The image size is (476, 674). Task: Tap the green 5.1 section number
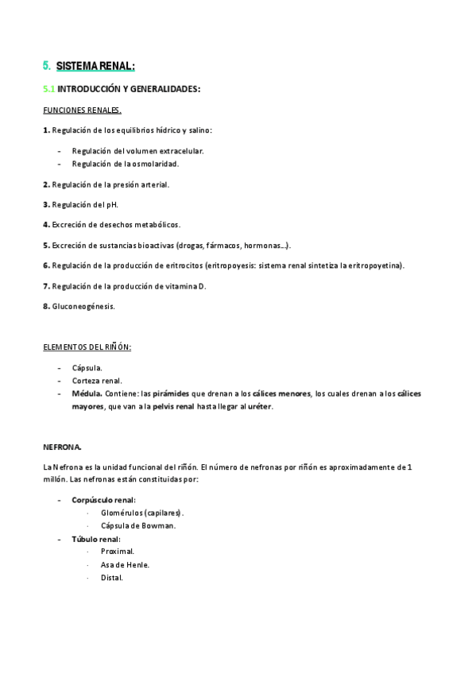(49, 90)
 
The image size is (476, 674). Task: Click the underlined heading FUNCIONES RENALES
(82, 110)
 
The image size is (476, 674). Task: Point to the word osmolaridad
(155, 164)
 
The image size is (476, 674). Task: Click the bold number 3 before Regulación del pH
(46, 204)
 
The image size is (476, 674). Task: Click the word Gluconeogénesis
(83, 305)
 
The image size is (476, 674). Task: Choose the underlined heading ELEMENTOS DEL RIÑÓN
(87, 347)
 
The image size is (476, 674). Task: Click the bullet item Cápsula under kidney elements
(87, 367)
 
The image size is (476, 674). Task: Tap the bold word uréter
(259, 406)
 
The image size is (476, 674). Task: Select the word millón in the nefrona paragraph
(55, 480)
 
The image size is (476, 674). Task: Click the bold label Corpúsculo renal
(103, 500)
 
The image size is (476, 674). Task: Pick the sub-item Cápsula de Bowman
(138, 525)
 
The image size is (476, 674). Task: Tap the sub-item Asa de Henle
(125, 564)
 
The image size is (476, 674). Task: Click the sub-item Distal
(112, 577)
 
